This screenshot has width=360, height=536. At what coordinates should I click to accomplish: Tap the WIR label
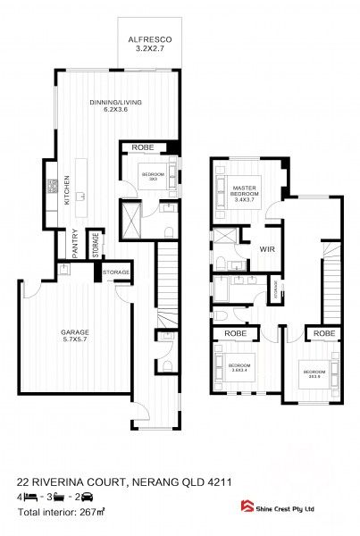(x=267, y=250)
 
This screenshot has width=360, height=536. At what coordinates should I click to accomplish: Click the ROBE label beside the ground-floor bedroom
(x=143, y=146)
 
